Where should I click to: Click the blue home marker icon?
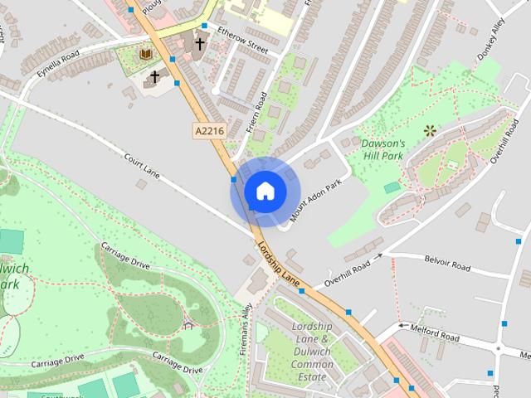pos(265,191)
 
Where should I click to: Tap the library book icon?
pos(146,55)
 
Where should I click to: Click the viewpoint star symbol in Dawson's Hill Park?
pos(430,130)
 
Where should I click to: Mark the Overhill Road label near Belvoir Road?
pos(348,273)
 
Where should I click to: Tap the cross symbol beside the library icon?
pos(153,78)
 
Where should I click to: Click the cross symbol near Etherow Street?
pos(199,44)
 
